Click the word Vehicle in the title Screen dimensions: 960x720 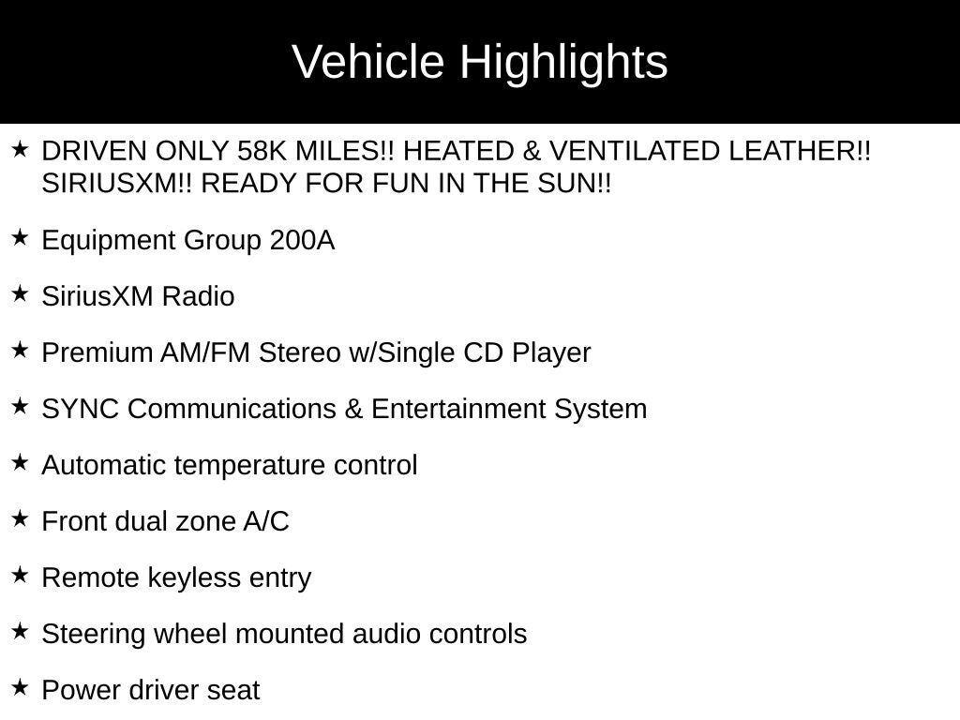(367, 62)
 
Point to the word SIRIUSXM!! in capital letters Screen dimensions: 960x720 (116, 183)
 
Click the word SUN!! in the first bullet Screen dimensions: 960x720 (575, 183)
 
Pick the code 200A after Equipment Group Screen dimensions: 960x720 (302, 239)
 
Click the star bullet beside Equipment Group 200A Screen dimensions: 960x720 (21, 237)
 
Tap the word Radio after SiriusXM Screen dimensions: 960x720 (199, 296)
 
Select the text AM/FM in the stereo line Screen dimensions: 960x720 (205, 352)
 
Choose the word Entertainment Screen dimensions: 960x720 (457, 409)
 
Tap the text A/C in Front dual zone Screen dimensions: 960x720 (265, 521)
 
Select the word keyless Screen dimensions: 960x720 (195, 577)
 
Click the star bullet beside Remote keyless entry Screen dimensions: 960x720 (21, 576)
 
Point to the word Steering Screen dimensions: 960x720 (94, 635)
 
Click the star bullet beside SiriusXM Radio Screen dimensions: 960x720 (21, 293)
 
